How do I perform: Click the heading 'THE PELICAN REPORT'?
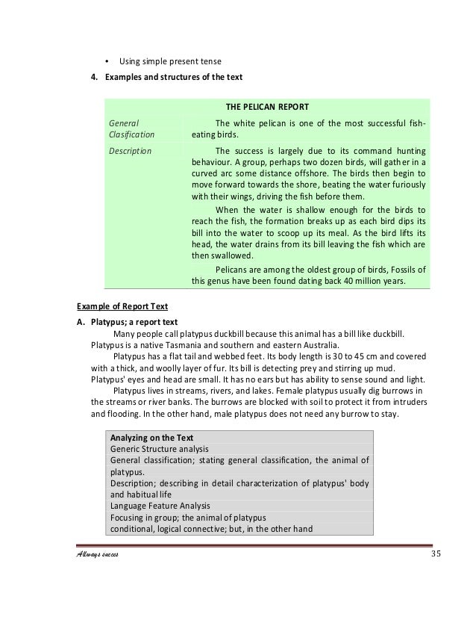pyautogui.click(x=267, y=106)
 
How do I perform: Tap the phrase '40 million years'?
pyautogui.click(x=370, y=282)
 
